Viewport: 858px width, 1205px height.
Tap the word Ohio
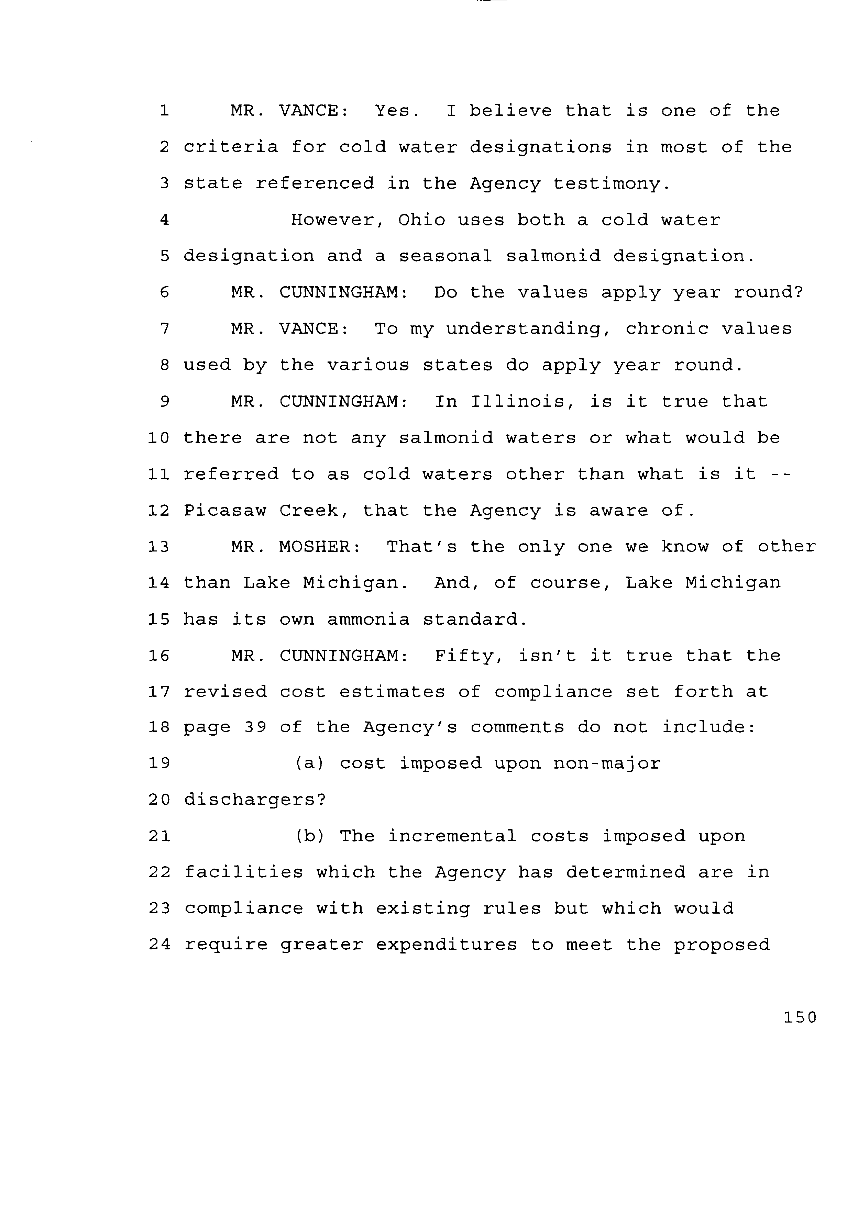click(421, 220)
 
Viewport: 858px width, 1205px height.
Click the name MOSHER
click(320, 547)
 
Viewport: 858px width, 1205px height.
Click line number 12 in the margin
click(158, 511)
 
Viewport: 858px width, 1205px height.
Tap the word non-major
click(606, 763)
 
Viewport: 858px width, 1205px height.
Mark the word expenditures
click(447, 945)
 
